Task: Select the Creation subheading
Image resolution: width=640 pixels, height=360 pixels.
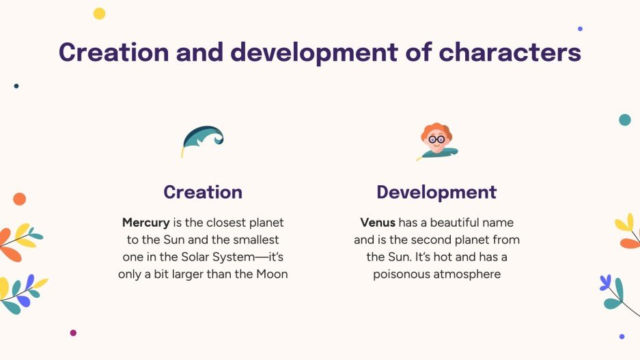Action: [203, 192]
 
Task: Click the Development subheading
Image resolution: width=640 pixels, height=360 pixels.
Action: [436, 192]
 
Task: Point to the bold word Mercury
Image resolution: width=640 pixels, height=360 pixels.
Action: [146, 223]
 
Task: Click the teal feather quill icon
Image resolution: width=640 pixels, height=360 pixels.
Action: [203, 139]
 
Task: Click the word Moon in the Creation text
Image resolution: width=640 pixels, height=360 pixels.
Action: [271, 275]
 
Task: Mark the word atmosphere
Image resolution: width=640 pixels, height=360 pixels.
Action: [468, 275]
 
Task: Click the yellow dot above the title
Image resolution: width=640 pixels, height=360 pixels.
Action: [99, 14]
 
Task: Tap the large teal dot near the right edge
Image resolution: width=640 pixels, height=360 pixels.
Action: [624, 120]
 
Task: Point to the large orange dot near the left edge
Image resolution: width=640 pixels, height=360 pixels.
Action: [19, 199]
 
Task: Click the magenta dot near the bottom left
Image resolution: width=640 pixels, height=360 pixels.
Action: [73, 333]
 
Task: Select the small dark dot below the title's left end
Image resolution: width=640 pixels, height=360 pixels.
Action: [16, 86]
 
